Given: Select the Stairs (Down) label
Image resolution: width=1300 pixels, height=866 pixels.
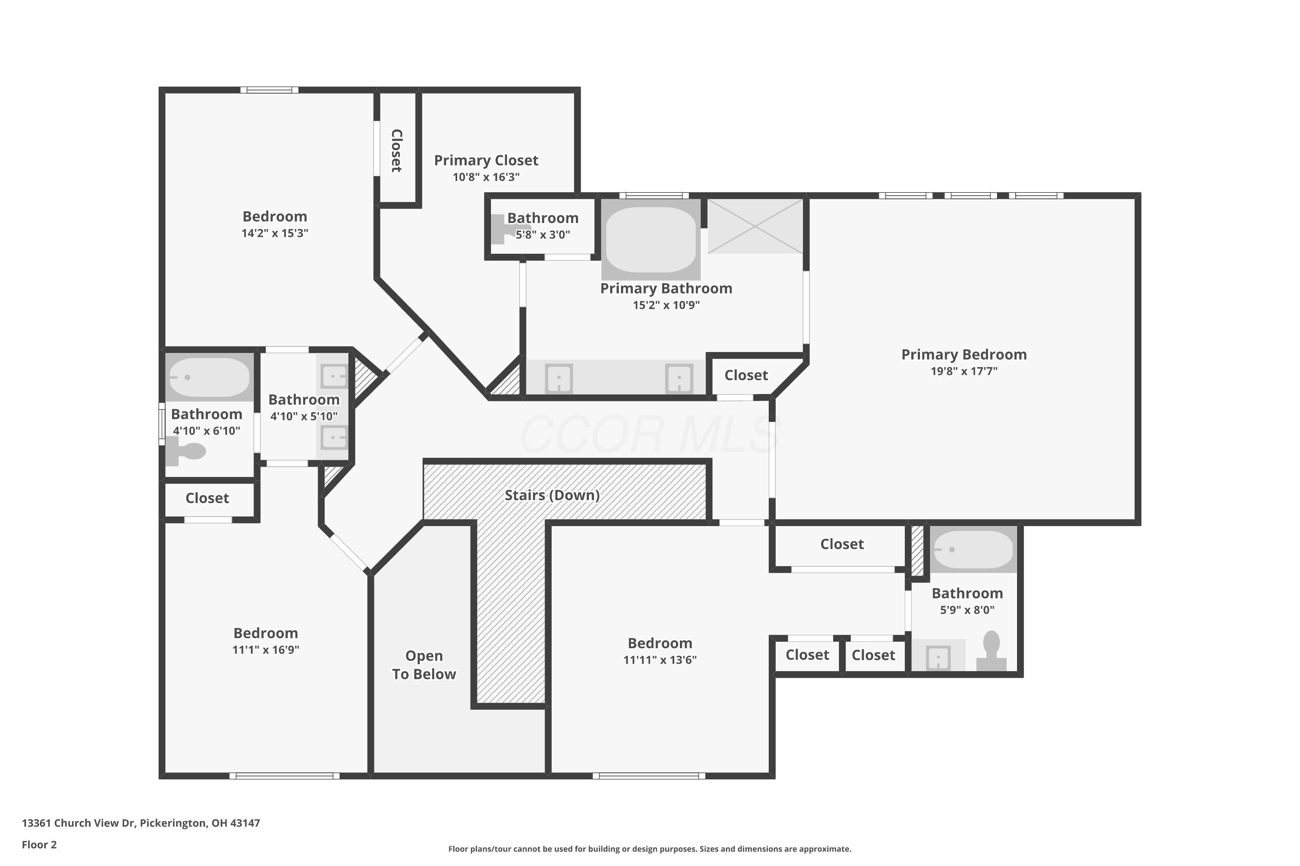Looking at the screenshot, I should [552, 495].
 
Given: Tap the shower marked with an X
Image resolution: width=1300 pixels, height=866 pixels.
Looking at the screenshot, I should [754, 226].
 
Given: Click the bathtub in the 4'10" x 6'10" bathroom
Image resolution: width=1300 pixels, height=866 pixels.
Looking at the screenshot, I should [209, 378].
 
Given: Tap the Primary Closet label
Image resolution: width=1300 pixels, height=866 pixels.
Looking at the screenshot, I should [486, 161].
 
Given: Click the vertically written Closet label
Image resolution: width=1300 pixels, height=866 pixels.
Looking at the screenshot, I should [396, 151].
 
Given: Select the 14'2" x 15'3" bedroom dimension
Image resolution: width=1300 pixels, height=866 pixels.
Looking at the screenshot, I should [275, 233].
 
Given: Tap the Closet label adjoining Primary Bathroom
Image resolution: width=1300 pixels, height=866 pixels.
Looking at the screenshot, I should [746, 375].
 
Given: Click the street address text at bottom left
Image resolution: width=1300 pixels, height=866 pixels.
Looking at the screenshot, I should [141, 823].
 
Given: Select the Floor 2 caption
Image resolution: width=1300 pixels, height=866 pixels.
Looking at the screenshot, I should [39, 844].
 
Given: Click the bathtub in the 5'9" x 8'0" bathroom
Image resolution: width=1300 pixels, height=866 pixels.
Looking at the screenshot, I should [973, 549].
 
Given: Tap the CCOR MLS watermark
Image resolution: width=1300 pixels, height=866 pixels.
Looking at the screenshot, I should [650, 435].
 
